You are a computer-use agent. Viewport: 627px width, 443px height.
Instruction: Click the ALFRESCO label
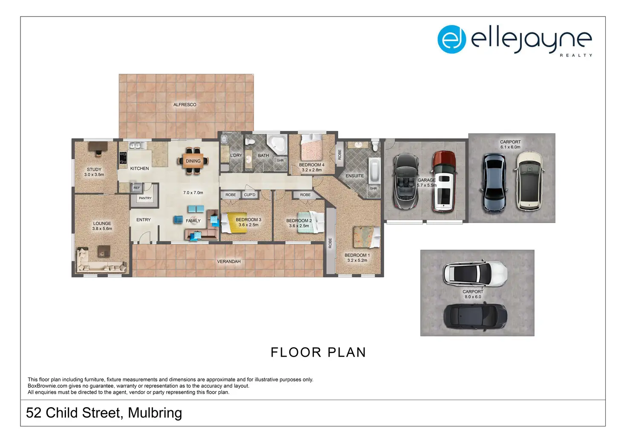coord(185,105)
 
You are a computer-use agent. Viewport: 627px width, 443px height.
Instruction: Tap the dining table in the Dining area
coord(193,161)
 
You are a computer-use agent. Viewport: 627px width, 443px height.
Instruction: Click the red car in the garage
coord(444,181)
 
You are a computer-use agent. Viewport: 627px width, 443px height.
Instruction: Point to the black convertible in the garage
coord(406,181)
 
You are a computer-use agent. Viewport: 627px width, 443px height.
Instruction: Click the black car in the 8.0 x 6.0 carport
coord(475,316)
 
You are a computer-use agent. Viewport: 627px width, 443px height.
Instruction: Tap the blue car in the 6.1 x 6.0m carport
coord(495,183)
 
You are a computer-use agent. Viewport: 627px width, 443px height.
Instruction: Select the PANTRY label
coord(145,198)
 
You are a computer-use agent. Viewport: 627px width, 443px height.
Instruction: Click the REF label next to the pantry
coord(137,188)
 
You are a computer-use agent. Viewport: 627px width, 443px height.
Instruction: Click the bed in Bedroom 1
coord(367,237)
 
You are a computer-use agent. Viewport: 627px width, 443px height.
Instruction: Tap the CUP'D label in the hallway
coord(250,194)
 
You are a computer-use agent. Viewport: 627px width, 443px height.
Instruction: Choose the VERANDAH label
coord(229,261)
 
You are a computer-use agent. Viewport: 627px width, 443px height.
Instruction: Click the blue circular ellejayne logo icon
coord(452,39)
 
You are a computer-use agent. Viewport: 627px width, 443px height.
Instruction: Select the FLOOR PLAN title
coord(318,352)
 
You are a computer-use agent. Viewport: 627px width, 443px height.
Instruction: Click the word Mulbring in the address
coord(155,413)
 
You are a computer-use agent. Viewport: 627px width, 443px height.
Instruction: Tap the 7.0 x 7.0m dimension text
coord(193,193)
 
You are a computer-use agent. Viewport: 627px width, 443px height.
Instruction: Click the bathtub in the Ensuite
coord(374,170)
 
